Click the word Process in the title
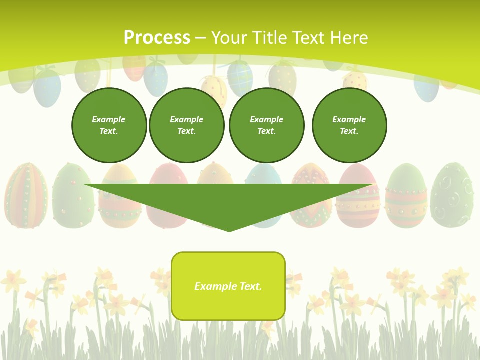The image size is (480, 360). (157, 38)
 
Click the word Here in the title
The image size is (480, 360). (350, 38)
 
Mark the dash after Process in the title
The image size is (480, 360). (201, 38)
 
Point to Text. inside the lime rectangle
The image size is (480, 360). (250, 286)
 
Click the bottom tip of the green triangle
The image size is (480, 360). (229, 230)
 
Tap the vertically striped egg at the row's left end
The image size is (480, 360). (26, 195)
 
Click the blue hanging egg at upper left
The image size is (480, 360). (47, 88)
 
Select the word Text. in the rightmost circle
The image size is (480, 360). (349, 131)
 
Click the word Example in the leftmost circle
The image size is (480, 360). (109, 119)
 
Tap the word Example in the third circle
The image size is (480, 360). (267, 119)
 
